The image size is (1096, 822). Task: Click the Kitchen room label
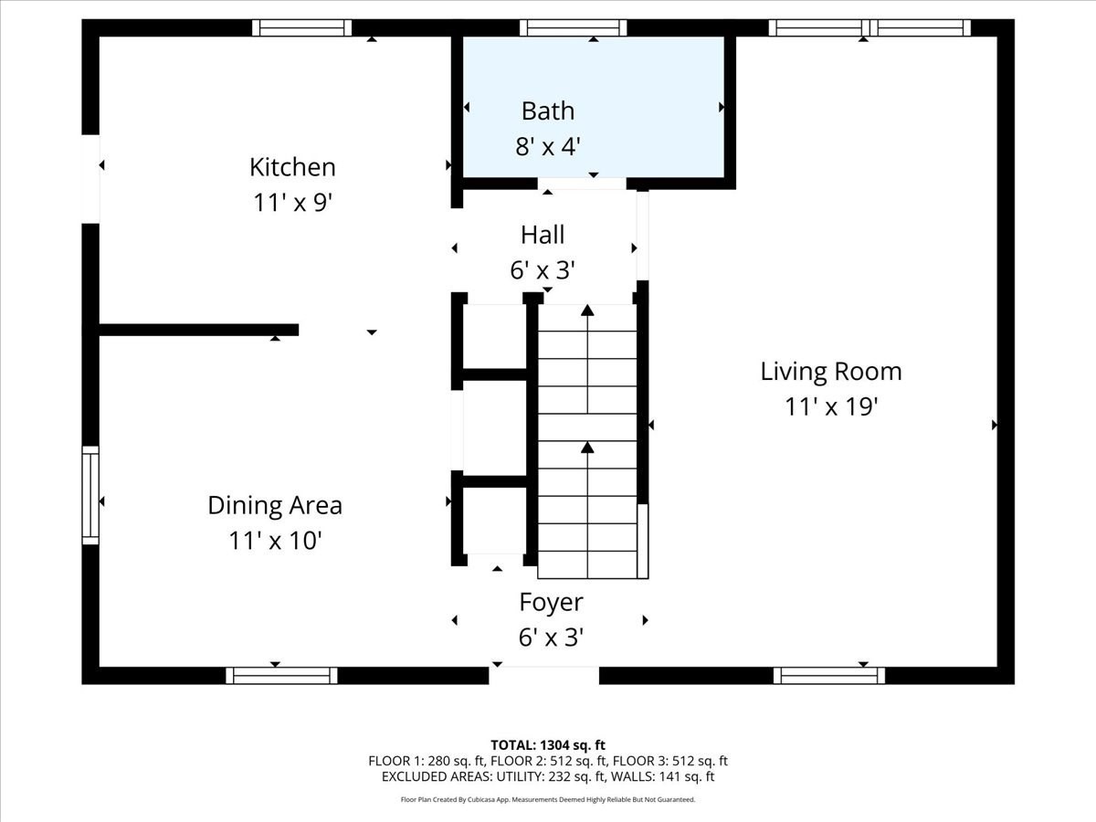[x=292, y=167]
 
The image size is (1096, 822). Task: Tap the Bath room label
[x=548, y=111]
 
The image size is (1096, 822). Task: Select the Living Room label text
[x=831, y=372]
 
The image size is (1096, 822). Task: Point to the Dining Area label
[x=275, y=505]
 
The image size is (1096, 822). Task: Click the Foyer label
[x=551, y=603]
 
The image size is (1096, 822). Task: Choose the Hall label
[x=543, y=235]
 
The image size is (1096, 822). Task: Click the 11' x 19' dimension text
[x=831, y=407]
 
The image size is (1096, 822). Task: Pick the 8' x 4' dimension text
[x=548, y=146]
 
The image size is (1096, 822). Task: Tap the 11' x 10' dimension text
[x=275, y=541]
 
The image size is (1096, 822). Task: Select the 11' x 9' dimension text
[x=292, y=202]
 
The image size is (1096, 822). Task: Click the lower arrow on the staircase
[x=587, y=448]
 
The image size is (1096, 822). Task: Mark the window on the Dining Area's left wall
[x=90, y=495]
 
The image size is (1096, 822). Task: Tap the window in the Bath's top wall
[x=574, y=27]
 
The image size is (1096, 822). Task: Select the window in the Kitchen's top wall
[x=301, y=27]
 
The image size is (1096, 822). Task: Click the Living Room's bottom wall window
[x=829, y=676]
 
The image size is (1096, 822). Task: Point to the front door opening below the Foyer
[x=543, y=676]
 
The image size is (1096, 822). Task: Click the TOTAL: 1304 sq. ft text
[x=548, y=744]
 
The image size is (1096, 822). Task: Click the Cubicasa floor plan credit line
[x=548, y=799]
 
